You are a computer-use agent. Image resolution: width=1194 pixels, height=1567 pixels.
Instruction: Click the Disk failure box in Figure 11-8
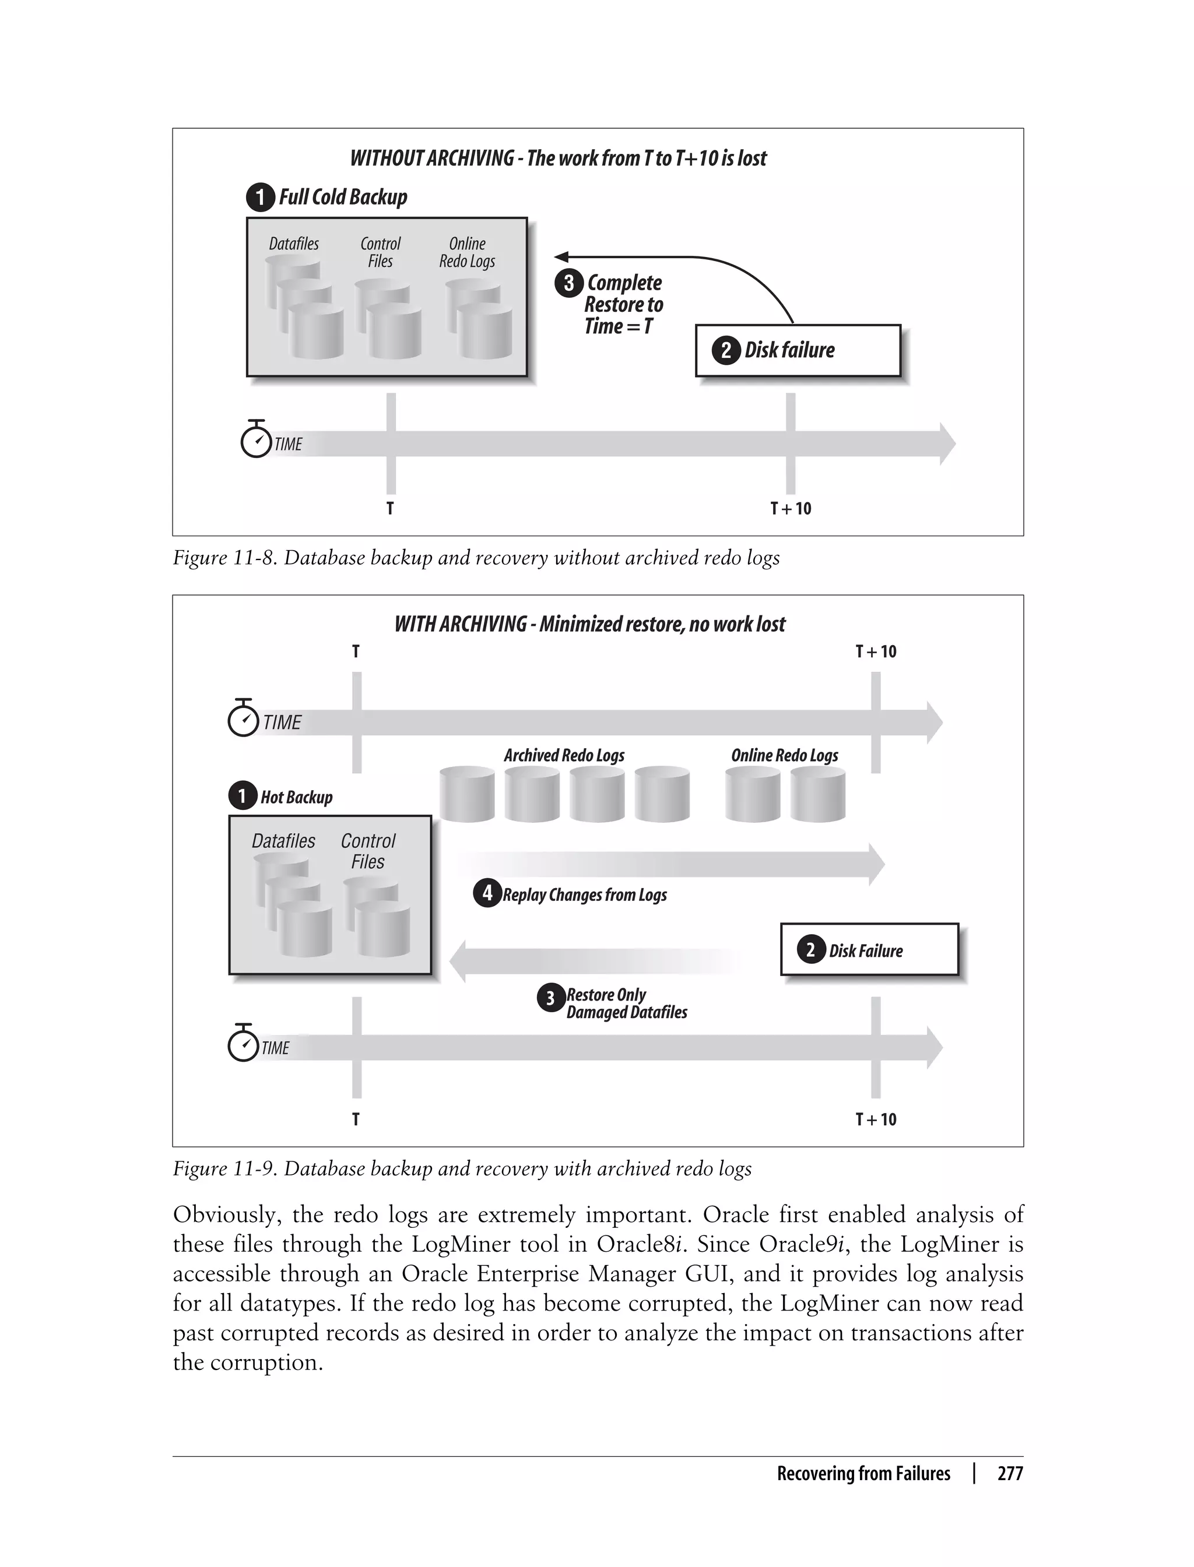click(x=798, y=350)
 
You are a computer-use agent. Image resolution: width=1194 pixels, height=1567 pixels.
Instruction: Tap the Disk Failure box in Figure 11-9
click(x=869, y=950)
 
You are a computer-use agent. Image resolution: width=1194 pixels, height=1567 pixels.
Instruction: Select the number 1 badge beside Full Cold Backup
click(x=260, y=198)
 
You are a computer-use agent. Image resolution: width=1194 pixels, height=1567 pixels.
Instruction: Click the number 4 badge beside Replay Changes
click(x=487, y=893)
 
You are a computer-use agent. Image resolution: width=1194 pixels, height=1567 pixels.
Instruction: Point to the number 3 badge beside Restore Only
click(x=550, y=998)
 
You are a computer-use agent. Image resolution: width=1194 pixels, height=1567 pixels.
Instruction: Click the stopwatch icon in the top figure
click(x=256, y=441)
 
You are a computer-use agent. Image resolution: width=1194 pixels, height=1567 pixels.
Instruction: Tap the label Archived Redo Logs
click(x=564, y=755)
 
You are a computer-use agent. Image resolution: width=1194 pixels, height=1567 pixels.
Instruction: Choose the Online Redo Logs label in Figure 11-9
click(x=784, y=755)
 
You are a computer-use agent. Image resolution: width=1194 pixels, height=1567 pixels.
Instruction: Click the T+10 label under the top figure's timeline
click(x=791, y=509)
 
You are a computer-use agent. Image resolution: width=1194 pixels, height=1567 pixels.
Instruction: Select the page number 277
click(x=1009, y=1473)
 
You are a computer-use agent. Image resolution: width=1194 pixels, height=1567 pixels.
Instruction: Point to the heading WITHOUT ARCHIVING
click(x=431, y=158)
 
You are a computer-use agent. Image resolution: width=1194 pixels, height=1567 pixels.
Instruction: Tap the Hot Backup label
click(x=296, y=797)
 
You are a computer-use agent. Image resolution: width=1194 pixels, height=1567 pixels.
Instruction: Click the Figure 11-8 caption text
click(x=476, y=558)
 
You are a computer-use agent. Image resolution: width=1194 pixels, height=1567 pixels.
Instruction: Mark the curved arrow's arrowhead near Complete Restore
click(x=561, y=257)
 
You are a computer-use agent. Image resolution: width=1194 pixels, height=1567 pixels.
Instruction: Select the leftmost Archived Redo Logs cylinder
click(x=467, y=794)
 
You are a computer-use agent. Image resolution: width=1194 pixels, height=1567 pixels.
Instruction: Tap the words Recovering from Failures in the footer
click(x=863, y=1473)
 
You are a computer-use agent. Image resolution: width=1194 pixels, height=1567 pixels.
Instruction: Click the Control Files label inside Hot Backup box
click(x=367, y=851)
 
